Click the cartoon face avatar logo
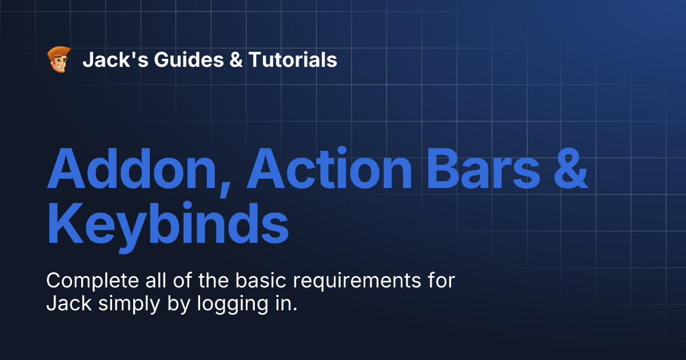click(x=58, y=59)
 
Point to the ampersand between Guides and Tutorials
click(x=236, y=59)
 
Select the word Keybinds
click(x=167, y=226)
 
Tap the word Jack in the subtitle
click(x=69, y=303)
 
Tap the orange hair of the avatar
click(x=59, y=51)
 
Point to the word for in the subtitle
click(x=441, y=281)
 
